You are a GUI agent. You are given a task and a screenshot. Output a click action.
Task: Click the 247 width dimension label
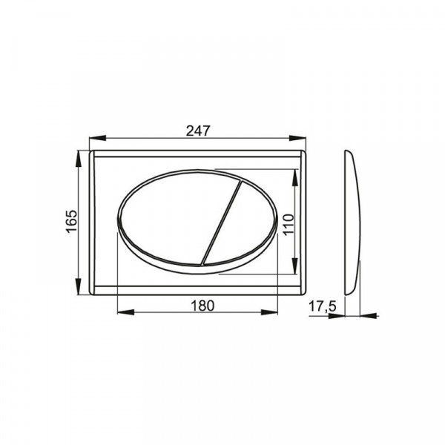click(x=198, y=131)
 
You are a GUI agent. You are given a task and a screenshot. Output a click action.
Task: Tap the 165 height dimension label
click(x=72, y=221)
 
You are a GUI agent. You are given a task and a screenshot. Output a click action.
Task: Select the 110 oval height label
click(x=289, y=225)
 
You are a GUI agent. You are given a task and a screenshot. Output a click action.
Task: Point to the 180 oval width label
click(x=202, y=306)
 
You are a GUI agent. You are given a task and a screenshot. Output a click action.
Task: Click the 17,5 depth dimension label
click(x=322, y=307)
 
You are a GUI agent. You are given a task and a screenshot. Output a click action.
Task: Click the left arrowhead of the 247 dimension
click(x=98, y=138)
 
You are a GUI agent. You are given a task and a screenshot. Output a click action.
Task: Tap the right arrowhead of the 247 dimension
click(x=297, y=138)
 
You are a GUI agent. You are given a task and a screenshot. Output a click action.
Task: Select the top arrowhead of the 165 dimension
click(x=79, y=159)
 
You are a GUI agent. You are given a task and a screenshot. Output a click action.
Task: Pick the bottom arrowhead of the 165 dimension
click(x=79, y=286)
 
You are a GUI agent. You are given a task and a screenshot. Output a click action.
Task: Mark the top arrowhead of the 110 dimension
click(x=295, y=178)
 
